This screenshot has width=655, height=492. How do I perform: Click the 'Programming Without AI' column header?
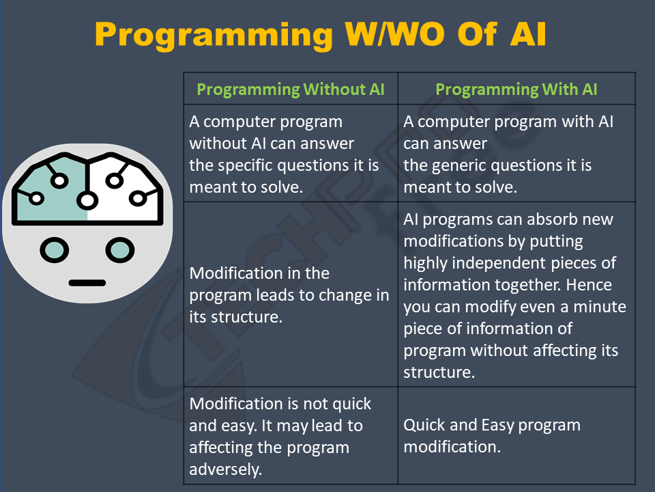coord(291,90)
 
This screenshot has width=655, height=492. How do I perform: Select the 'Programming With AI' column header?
coord(516,90)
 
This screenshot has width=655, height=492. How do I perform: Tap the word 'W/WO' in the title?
coord(395,34)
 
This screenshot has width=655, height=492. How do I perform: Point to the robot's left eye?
coord(55,250)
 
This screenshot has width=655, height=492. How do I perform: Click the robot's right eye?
coord(120,250)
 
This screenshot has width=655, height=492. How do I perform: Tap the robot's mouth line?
coord(87,283)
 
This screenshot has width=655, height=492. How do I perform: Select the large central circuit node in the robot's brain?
coord(87,200)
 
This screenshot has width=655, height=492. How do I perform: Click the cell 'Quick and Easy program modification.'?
coord(492,436)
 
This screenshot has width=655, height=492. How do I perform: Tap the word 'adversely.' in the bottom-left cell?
coord(226,469)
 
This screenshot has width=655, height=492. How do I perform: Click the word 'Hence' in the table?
coord(589,285)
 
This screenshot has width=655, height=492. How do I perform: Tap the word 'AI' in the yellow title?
coord(528,34)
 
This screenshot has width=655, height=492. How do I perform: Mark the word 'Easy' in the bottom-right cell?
coord(497,426)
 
